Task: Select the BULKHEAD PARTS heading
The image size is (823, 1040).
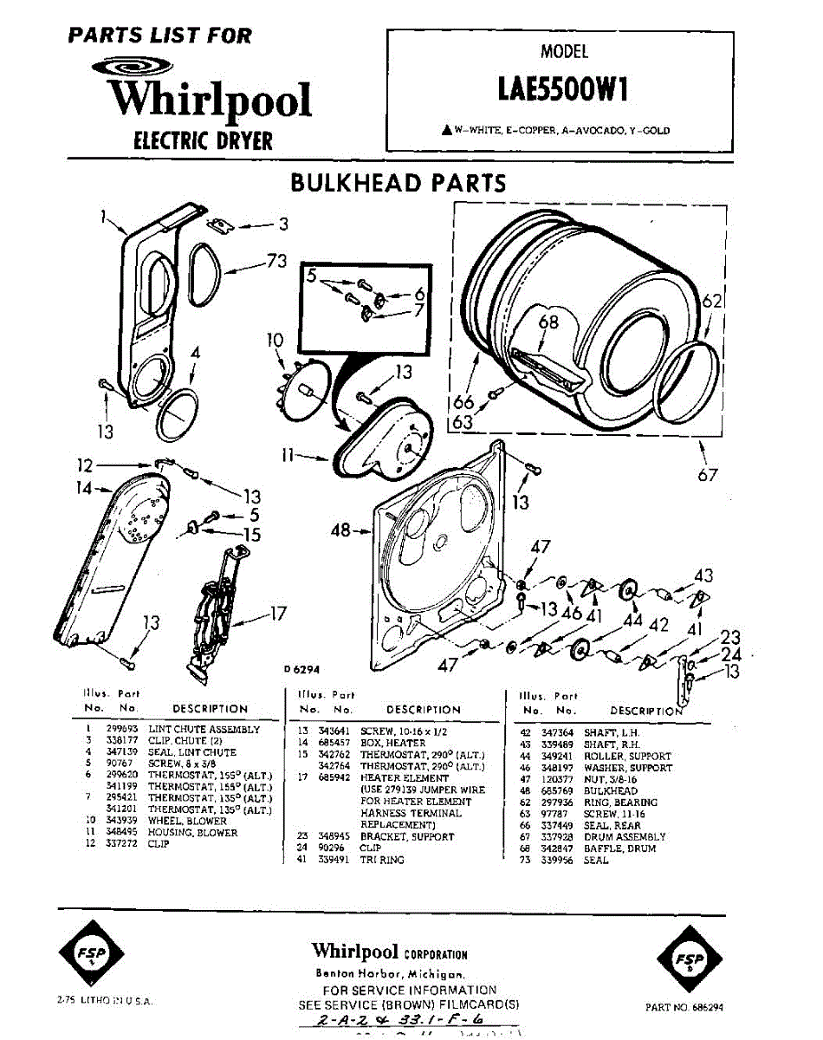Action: (398, 183)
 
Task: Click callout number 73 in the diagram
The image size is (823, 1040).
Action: (276, 263)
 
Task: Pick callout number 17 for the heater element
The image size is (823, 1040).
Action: (276, 614)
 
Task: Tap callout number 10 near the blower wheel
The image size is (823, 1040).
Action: (275, 341)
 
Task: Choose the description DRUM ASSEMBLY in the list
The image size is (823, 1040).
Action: (625, 836)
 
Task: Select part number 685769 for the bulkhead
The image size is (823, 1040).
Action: (556, 790)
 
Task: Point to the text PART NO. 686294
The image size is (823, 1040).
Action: (684, 1007)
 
